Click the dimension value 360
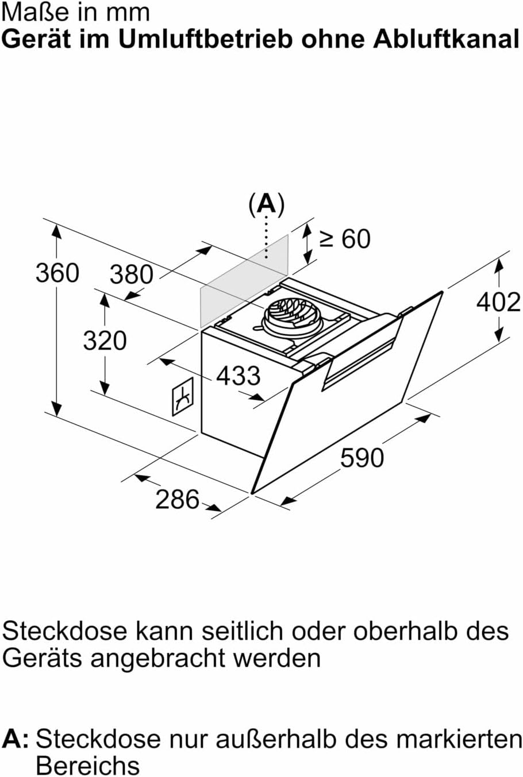coord(57,272)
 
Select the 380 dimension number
coord(132,275)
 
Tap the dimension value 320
coord(105,340)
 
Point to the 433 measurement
coord(238,376)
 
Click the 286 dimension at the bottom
coord(177,498)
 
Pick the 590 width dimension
coord(362,458)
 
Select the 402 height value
coord(498,301)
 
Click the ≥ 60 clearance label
coord(345,239)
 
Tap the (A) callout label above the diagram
coord(266,204)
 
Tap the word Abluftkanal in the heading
coord(446,39)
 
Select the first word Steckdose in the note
coord(64,631)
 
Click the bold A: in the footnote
coord(16,739)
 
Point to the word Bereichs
coord(87,765)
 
